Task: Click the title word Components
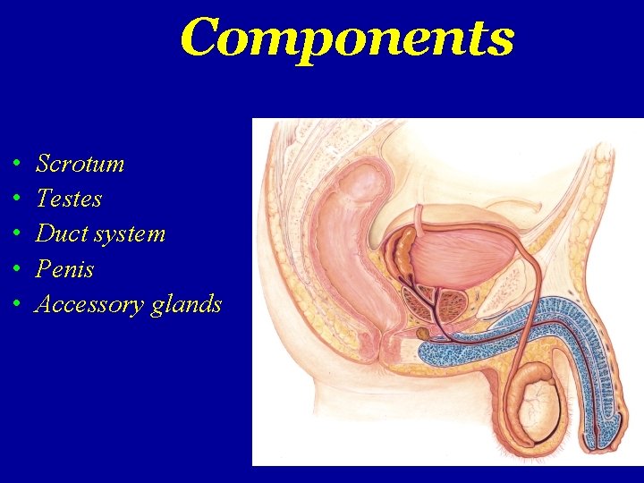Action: pyautogui.click(x=347, y=38)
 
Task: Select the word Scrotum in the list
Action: pyautogui.click(x=80, y=164)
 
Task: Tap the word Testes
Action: pyautogui.click(x=69, y=199)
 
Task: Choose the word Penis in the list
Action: pyautogui.click(x=64, y=269)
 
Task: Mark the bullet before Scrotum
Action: pyautogui.click(x=17, y=165)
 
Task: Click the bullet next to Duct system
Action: pyautogui.click(x=17, y=235)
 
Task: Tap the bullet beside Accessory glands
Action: pyautogui.click(x=17, y=305)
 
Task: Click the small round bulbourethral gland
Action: pyautogui.click(x=423, y=334)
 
